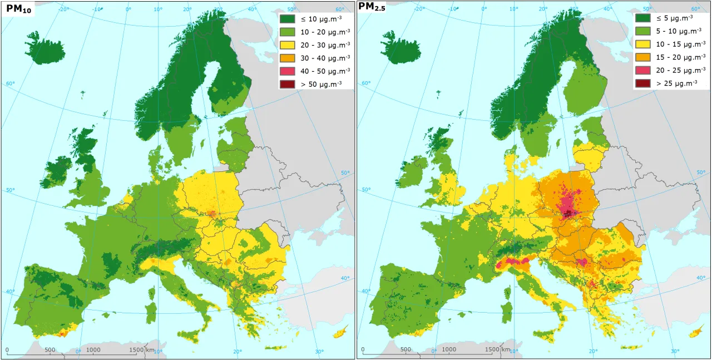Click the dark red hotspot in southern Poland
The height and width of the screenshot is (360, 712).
[568, 213]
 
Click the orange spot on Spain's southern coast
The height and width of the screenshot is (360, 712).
[61, 333]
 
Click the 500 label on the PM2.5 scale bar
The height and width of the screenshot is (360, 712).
[406, 349]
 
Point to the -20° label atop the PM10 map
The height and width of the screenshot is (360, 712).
[63, 9]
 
